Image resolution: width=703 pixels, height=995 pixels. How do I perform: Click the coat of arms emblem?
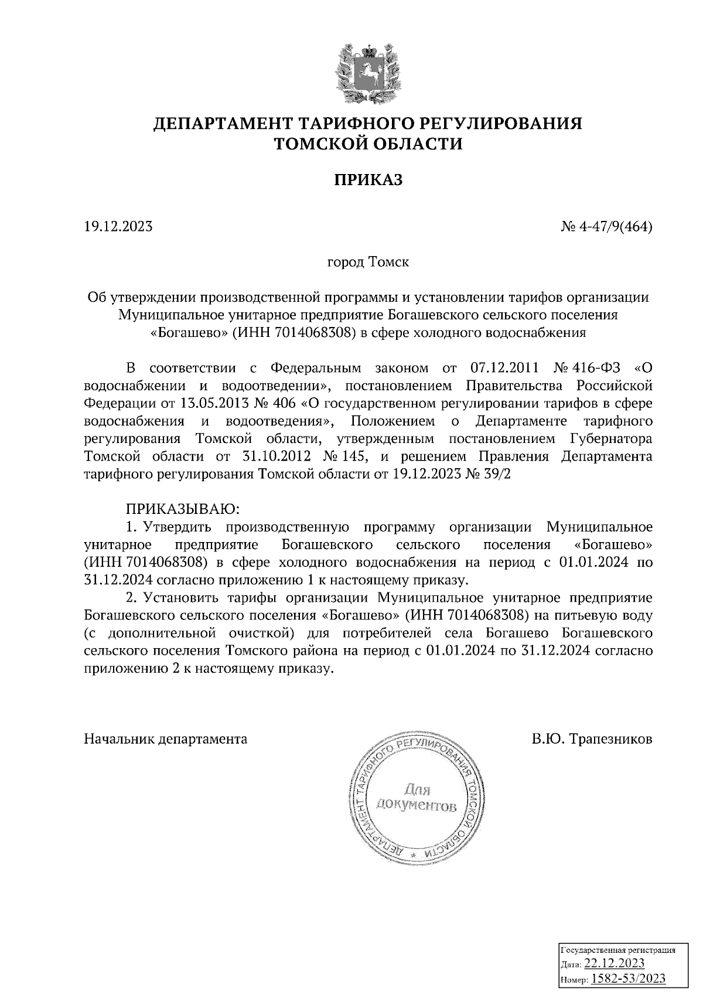[x=368, y=73]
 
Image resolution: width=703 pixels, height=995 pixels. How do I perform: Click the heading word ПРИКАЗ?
[x=368, y=180]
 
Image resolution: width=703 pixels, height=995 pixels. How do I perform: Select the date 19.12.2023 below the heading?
[x=118, y=226]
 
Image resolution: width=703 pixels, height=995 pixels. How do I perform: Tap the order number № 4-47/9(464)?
[x=606, y=226]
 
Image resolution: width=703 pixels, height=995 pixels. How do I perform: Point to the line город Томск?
[x=368, y=262]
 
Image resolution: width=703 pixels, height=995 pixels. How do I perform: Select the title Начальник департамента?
[x=166, y=739]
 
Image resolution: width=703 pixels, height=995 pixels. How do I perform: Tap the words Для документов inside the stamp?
[x=417, y=799]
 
